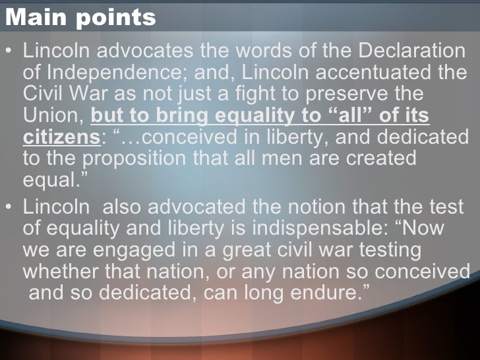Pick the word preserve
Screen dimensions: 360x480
point(353,94)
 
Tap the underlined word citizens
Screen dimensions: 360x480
point(59,138)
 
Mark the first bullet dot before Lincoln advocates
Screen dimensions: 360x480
point(9,51)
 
